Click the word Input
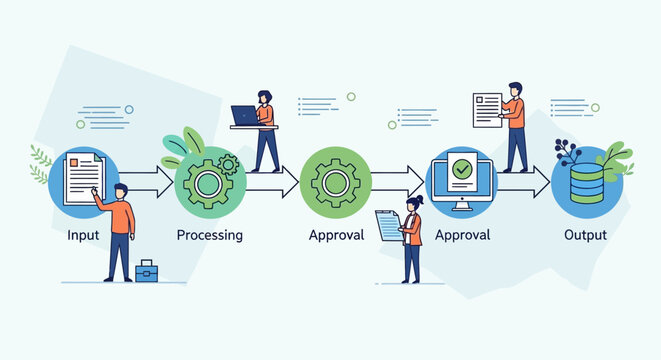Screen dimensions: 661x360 [83, 236]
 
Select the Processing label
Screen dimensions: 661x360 [210, 236]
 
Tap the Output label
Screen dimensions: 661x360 [585, 236]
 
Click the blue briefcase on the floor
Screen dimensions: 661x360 [146, 270]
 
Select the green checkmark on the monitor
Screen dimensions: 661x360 [461, 169]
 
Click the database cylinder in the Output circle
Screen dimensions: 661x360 [586, 184]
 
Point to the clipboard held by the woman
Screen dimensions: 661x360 [387, 225]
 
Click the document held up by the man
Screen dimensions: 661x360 [487, 107]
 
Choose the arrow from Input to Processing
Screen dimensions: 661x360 [148, 182]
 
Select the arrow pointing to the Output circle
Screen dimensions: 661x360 [525, 182]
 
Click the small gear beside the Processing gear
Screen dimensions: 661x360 [229, 162]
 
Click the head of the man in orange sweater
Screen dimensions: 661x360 [120, 191]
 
